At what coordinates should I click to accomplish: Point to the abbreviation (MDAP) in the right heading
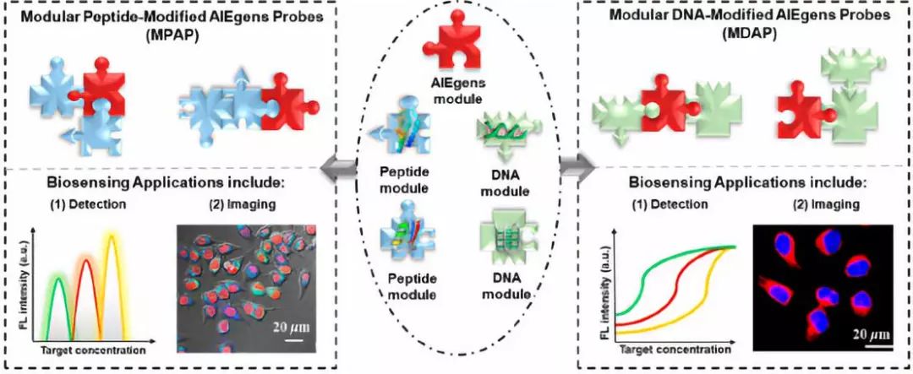pyautogui.click(x=744, y=32)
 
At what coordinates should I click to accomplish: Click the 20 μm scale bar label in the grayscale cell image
pyautogui.click(x=290, y=327)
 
